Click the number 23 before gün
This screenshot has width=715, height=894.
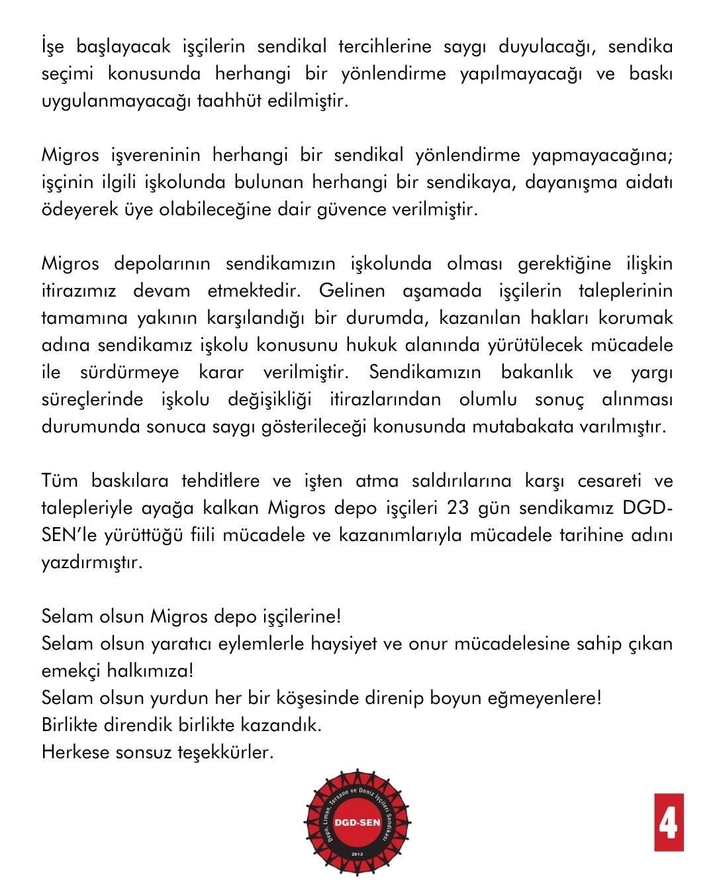pyautogui.click(x=460, y=508)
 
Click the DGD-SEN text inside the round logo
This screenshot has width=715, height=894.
pyautogui.click(x=358, y=824)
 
